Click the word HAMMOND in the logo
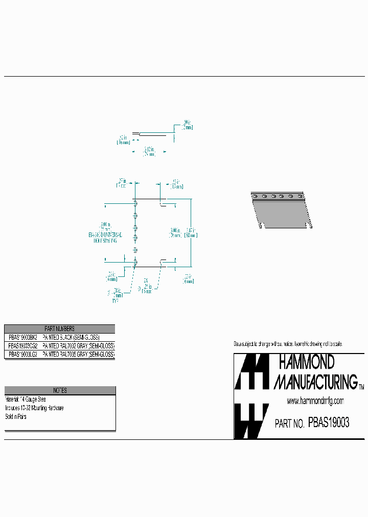pos(306,363)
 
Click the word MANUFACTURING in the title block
pos(315,382)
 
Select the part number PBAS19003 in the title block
pos(329,422)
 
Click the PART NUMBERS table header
pos(59,329)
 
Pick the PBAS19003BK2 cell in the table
pos(22,338)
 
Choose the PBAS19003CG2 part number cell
pos(22,346)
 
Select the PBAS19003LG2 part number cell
pos(22,354)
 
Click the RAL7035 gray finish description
pos(79,354)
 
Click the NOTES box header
pos(60,390)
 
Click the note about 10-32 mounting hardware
pos(34,408)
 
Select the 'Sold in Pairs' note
pos(16,417)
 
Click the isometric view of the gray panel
pos(281,210)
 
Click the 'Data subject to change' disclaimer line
pos(288,344)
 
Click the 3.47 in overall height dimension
pos(190,232)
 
